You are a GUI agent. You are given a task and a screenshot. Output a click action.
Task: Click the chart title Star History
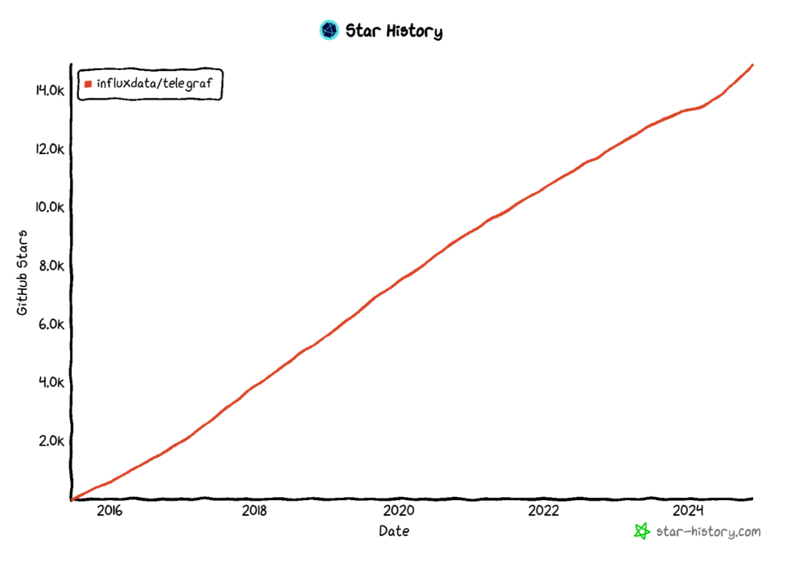394,32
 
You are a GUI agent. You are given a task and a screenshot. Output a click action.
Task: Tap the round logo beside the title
329,31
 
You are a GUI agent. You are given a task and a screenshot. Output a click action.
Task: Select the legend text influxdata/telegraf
154,82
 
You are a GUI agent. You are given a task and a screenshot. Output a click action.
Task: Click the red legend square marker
88,83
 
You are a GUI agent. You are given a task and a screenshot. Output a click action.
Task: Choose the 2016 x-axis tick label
109,511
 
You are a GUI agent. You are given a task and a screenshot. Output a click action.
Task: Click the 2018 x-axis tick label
254,511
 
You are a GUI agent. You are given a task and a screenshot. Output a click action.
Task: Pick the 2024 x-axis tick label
689,511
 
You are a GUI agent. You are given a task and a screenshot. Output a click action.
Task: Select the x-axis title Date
394,531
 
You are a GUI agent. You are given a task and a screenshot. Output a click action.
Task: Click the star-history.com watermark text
708,532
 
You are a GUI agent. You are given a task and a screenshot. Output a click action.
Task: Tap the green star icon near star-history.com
642,531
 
